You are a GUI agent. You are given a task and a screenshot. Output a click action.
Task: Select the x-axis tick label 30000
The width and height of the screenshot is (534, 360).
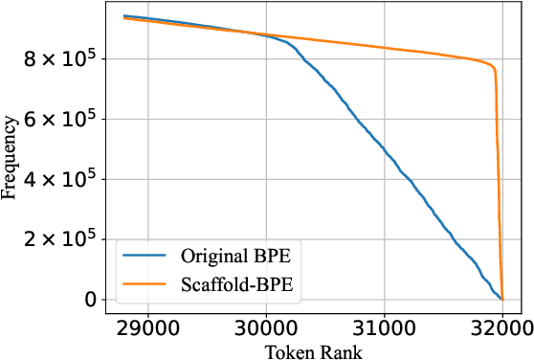(265, 326)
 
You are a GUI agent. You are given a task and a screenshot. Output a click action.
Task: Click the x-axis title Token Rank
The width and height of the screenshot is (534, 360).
(311, 350)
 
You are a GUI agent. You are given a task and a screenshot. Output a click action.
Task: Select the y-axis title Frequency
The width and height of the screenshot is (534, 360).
(11, 157)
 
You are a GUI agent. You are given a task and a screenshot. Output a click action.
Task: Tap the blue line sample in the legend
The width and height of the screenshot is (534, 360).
(145, 257)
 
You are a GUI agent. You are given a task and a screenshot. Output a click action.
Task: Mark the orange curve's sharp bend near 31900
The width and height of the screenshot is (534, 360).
(494, 68)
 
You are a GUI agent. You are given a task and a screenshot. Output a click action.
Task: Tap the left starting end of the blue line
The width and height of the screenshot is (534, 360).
(124, 15)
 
